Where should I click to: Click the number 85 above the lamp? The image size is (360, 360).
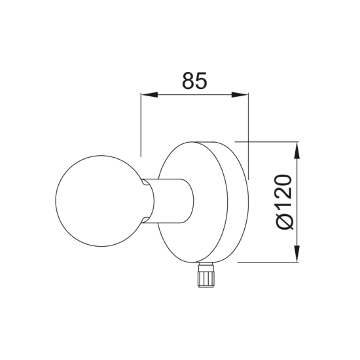(194, 81)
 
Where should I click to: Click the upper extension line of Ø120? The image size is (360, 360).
(268, 140)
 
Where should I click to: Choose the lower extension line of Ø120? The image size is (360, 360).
(268, 262)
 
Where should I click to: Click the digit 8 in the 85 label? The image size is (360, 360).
(188, 81)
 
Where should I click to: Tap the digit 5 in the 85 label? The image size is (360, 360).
(201, 81)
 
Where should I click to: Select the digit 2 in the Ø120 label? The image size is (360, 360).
(284, 194)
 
